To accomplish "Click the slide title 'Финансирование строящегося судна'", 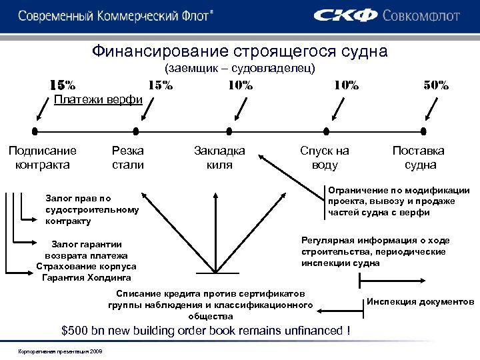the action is pyautogui.click(x=240, y=51).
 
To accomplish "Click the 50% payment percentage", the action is pyautogui.click(x=437, y=85).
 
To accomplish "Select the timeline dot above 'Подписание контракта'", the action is pyautogui.click(x=35, y=131).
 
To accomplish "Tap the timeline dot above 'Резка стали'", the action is pyautogui.click(x=139, y=131).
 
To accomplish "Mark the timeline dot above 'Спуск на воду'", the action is pyautogui.click(x=325, y=131).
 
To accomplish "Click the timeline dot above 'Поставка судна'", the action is pyautogui.click(x=423, y=131).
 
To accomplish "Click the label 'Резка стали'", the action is pyautogui.click(x=128, y=157).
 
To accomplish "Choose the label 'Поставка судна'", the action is pyautogui.click(x=419, y=157).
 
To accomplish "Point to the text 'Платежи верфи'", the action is pyautogui.click(x=97, y=100).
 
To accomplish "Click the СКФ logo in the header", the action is pyautogui.click(x=345, y=15).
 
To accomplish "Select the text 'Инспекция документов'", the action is pyautogui.click(x=420, y=302).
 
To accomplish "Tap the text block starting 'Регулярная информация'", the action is pyautogui.click(x=375, y=251).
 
